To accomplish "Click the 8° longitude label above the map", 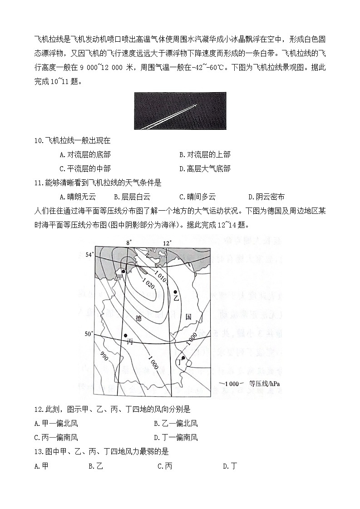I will click(128, 243).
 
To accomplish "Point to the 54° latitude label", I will click(89, 254).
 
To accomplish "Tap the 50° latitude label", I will click(89, 334).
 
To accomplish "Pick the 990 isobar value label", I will click(104, 354).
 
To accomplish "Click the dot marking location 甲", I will click(123, 271).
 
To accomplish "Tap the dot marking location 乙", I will click(176, 292).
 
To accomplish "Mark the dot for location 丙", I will click(125, 336).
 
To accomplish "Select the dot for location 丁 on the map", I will click(183, 358).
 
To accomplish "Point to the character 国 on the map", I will click(188, 316).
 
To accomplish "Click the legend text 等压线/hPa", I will click(264, 384).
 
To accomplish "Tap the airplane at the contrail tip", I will click(196, 105).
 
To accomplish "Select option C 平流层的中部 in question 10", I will click(85, 168).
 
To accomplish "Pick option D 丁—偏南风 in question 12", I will click(176, 438).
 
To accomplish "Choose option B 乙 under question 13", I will click(96, 466).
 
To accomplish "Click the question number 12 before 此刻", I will click(39, 410).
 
